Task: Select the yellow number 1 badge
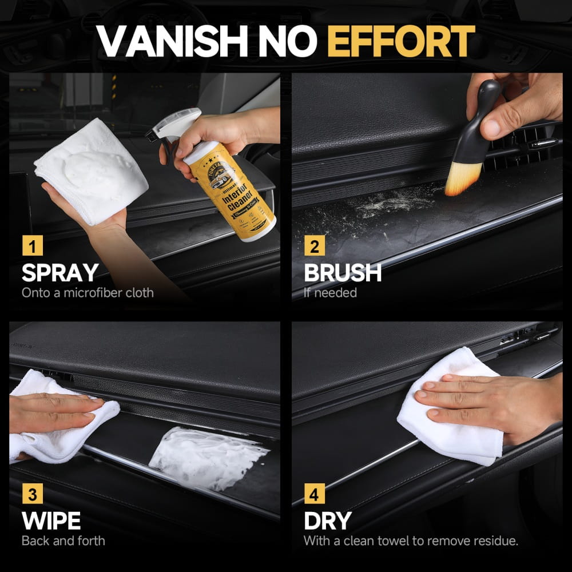[x=32, y=247]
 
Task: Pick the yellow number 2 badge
[x=314, y=247]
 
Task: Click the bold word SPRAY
[x=59, y=273]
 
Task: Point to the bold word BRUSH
[x=343, y=273]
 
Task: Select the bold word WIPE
[x=51, y=521]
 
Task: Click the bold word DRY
[x=327, y=521]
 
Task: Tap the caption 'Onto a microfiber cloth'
[x=88, y=293]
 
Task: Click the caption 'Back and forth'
[x=63, y=541]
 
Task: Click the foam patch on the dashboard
[x=206, y=458]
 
